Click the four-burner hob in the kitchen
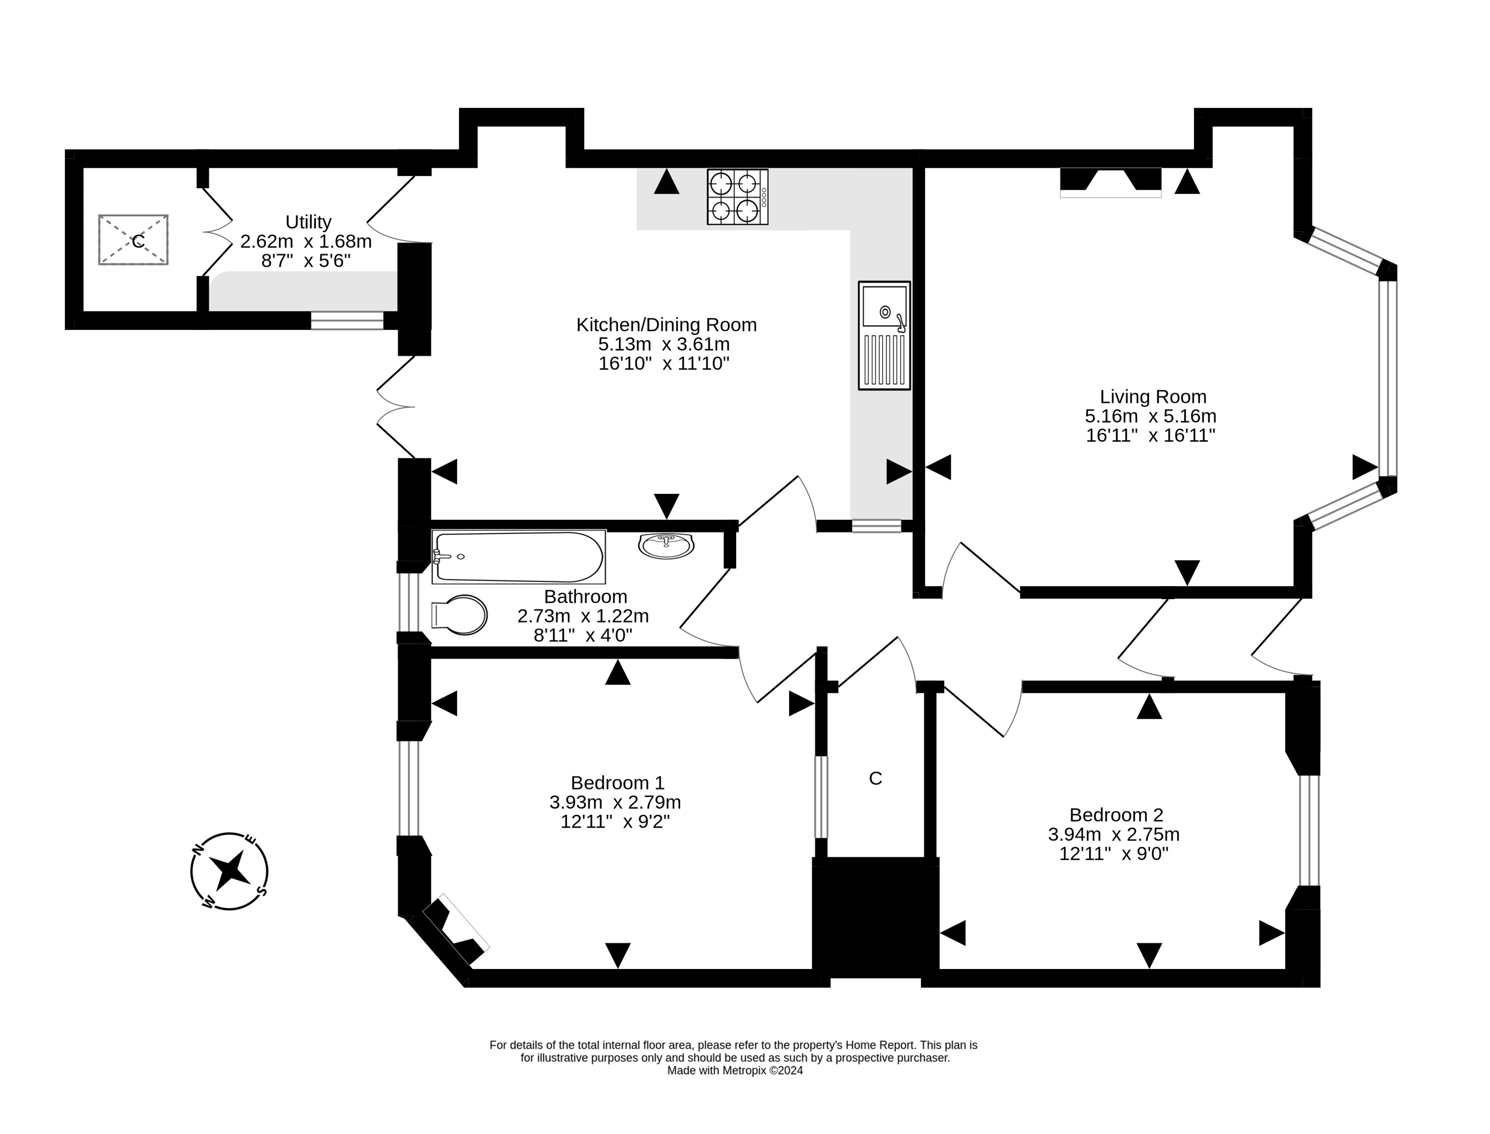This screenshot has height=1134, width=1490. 737,196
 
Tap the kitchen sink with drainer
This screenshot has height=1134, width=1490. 884,336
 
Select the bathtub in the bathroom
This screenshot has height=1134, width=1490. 518,557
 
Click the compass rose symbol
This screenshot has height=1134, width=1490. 229,871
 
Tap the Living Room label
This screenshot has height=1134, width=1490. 1153,396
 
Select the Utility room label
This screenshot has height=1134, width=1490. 309,222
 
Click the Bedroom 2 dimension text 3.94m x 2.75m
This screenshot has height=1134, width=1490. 1113,834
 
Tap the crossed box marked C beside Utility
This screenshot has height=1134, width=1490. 133,240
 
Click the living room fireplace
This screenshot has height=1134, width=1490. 1111,182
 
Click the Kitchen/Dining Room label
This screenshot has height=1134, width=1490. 666,325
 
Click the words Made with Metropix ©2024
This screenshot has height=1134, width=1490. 734,1071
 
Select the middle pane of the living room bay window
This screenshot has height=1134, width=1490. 1388,378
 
